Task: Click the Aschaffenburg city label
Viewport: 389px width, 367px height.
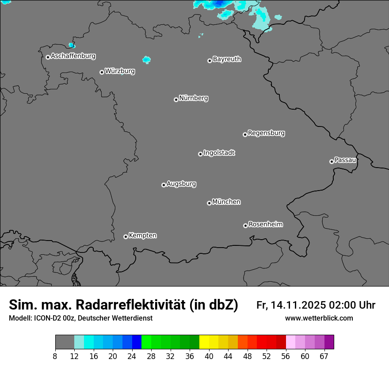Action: (73, 56)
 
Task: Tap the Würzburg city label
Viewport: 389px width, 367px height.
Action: (120, 71)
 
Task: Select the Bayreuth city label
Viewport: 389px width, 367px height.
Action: (227, 59)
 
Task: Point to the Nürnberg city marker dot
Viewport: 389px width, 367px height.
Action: (176, 99)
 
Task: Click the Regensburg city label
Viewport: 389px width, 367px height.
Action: (266, 133)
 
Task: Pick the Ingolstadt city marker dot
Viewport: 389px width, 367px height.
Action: (200, 154)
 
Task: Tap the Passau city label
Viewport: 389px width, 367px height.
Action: (345, 160)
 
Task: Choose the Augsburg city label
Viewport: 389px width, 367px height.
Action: (181, 183)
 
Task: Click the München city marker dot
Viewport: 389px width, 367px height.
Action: (209, 203)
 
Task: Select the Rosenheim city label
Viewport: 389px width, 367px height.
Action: (265, 224)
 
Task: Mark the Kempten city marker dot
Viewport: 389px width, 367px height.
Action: (126, 237)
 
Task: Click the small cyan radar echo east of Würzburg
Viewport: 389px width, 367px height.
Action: (146, 59)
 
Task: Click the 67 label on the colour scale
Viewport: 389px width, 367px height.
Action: (324, 356)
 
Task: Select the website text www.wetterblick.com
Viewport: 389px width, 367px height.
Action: (319, 318)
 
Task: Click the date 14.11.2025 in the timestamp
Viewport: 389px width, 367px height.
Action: (298, 305)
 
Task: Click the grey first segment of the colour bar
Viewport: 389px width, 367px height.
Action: (65, 342)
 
